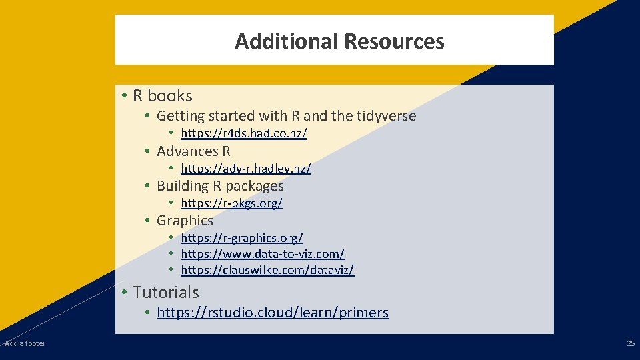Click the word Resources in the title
pyautogui.click(x=394, y=41)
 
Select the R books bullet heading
pyautogui.click(x=163, y=96)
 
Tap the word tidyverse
pyautogui.click(x=386, y=116)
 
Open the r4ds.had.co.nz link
pyautogui.click(x=243, y=134)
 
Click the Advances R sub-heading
pyautogui.click(x=193, y=151)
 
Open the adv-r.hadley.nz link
pyautogui.click(x=245, y=169)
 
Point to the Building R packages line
pyautogui.click(x=220, y=186)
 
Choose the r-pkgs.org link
pyautogui.click(x=231, y=203)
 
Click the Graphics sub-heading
pyautogui.click(x=185, y=221)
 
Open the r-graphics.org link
pyautogui.click(x=241, y=238)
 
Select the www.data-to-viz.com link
pyautogui.click(x=262, y=254)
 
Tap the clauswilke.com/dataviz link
pyautogui.click(x=267, y=270)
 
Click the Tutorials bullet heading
pyautogui.click(x=165, y=292)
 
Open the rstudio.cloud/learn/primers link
pyautogui.click(x=273, y=313)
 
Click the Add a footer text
pyautogui.click(x=25, y=343)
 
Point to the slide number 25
pyautogui.click(x=631, y=343)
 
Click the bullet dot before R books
pyautogui.click(x=125, y=96)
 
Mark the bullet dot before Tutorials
pyautogui.click(x=125, y=292)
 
